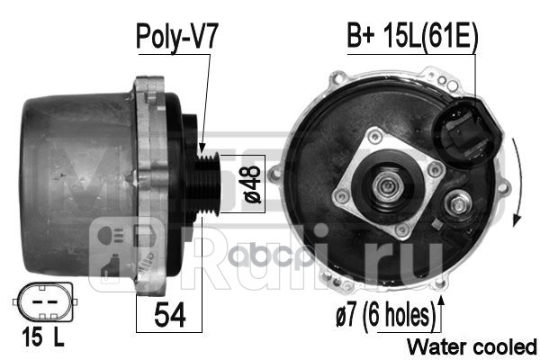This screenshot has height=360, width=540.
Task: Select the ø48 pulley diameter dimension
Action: click(x=254, y=184)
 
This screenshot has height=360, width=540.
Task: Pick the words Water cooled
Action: click(x=472, y=346)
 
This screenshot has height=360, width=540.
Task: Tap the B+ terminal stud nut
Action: click(x=455, y=208)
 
